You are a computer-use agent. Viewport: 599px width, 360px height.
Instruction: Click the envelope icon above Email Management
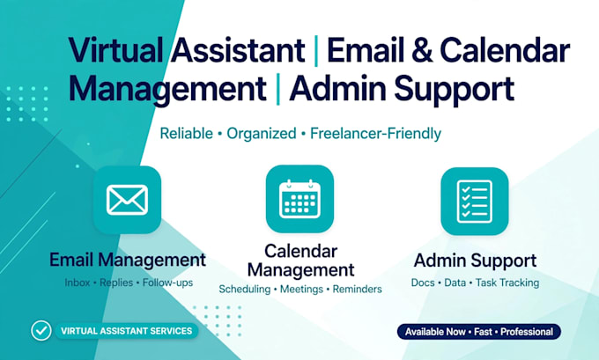[x=127, y=200]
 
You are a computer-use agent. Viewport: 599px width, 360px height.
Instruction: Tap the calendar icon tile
[x=299, y=199]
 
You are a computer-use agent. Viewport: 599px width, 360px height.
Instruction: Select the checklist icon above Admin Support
[x=475, y=202]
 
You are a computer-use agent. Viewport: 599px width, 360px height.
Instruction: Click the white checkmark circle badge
[x=41, y=331]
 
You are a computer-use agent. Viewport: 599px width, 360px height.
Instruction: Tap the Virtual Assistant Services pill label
[x=127, y=331]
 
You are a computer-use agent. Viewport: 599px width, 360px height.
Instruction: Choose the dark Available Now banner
[x=479, y=332]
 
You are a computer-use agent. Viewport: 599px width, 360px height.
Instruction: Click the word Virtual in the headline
[x=115, y=49]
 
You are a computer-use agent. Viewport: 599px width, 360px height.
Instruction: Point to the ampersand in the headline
[x=422, y=49]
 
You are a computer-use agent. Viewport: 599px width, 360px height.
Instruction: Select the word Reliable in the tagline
[x=187, y=134]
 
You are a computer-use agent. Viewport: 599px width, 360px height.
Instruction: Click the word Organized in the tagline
[x=262, y=134]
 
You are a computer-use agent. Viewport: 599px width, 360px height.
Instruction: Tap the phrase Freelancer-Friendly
[x=375, y=134]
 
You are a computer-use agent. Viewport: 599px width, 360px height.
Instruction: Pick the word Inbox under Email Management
[x=78, y=283]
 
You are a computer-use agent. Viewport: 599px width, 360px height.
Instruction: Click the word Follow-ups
[x=167, y=283]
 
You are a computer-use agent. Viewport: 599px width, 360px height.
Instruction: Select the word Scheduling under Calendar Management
[x=245, y=289]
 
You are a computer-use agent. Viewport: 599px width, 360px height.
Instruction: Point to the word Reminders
[x=357, y=289]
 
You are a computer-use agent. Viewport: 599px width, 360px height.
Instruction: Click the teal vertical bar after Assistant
[x=316, y=51]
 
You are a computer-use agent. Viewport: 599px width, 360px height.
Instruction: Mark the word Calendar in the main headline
[x=505, y=49]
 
